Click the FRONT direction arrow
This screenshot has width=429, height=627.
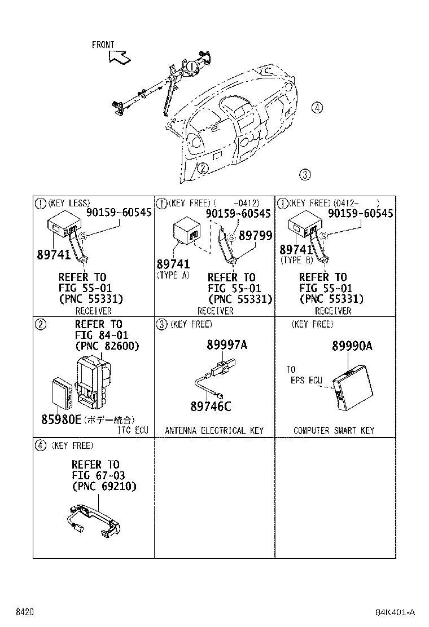click(119, 56)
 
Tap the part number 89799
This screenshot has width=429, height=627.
click(255, 236)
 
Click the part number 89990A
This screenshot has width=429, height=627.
click(352, 347)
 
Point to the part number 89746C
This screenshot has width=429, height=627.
click(211, 406)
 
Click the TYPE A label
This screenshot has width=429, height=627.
click(173, 275)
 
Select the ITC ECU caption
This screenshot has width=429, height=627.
click(133, 431)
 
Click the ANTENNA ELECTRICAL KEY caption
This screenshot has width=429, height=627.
click(214, 431)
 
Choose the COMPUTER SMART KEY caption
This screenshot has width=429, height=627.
click(334, 431)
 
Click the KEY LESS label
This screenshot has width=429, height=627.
click(69, 203)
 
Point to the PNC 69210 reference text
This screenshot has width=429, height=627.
click(104, 486)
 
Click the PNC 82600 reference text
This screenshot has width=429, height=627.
click(107, 346)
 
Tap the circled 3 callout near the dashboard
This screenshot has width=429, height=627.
click(305, 175)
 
